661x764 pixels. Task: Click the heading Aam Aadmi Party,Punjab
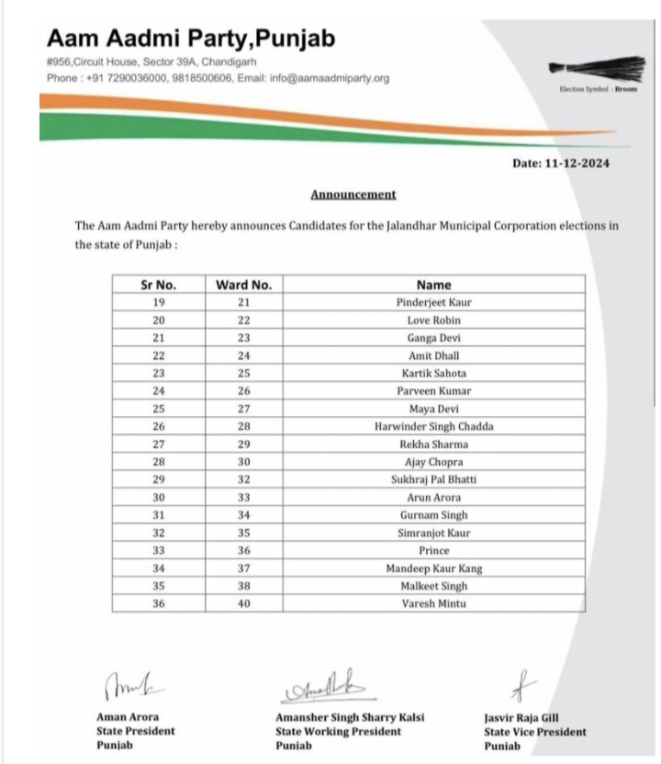pos(191,39)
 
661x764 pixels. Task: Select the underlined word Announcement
pos(353,195)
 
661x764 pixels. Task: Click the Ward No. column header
pos(243,285)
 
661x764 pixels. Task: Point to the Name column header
pos(434,285)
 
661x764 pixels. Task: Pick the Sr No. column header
pos(159,285)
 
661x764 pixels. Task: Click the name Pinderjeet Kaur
pos(434,302)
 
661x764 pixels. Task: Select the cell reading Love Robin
pos(434,320)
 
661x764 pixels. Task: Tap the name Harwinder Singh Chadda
pos(434,427)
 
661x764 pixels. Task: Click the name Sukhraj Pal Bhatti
pos(434,480)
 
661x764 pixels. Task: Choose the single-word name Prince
pos(434,551)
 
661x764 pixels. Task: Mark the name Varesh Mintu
pos(434,604)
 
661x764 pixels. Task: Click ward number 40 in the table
pos(243,604)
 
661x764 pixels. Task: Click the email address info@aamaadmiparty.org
pos(330,78)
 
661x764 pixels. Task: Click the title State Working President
pos(338,732)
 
